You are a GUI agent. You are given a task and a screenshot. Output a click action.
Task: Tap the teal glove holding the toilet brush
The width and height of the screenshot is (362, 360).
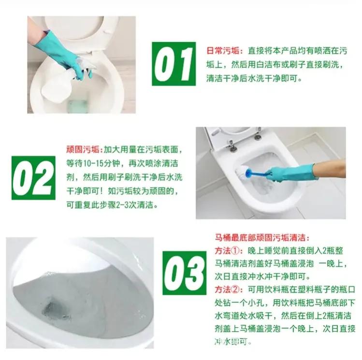(x=290, y=172)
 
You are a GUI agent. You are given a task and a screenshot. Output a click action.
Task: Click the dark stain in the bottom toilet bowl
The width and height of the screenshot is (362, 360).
(x=56, y=309)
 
